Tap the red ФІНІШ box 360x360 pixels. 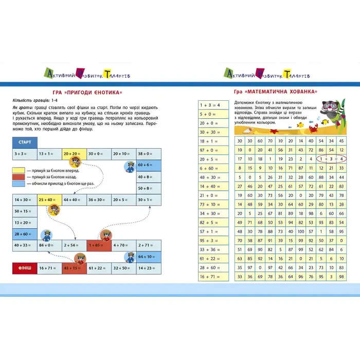[x=25, y=267]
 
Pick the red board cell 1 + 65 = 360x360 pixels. [x=99, y=246]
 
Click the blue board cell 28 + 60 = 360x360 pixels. [x=25, y=234]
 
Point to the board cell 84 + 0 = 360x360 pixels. [x=49, y=246]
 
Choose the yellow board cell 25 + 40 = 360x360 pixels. [x=49, y=200]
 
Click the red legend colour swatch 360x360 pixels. [x=21, y=176]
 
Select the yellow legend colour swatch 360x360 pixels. [x=21, y=169]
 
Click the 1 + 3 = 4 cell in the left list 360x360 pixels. [x=212, y=105]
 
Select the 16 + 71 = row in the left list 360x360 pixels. [x=212, y=277]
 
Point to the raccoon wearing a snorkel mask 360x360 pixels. [x=332, y=112]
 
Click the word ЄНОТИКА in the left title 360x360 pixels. [x=105, y=93]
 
